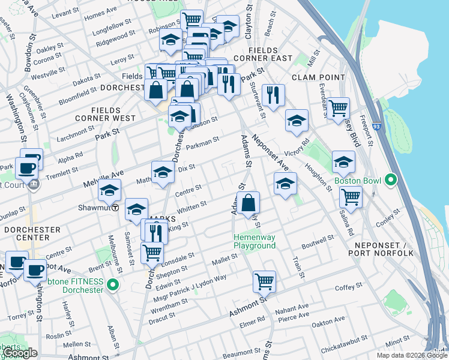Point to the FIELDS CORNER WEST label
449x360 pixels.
pyautogui.click(x=113, y=114)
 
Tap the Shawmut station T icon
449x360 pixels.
pyautogui.click(x=115, y=209)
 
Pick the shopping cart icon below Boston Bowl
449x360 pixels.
pyautogui.click(x=351, y=196)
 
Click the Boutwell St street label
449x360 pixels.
pyautogui.click(x=318, y=241)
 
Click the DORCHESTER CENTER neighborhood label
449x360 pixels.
pyautogui.click(x=32, y=233)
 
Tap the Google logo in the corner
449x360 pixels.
pyautogui.click(x=19, y=353)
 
